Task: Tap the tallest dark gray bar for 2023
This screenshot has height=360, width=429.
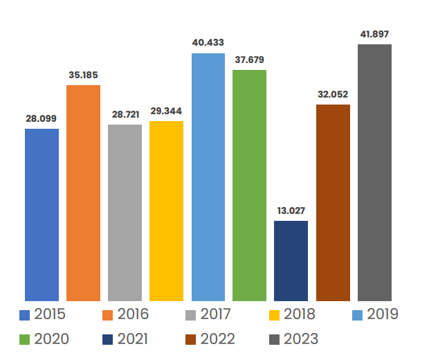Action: click(374, 172)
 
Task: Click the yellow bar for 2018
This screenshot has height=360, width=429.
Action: click(166, 210)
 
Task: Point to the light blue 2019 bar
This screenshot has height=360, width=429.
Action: click(208, 177)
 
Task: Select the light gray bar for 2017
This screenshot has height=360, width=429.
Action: click(125, 213)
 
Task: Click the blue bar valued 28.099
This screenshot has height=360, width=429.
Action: click(42, 215)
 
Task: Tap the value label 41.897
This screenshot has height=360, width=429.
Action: click(374, 33)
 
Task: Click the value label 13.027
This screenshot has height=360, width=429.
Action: click(291, 210)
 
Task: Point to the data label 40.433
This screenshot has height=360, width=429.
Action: click(208, 43)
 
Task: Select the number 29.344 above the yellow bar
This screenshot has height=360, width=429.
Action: click(166, 111)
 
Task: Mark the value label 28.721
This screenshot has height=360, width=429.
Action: click(125, 114)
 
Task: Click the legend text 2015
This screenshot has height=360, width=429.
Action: click(50, 314)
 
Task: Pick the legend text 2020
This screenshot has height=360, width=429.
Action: click(50, 339)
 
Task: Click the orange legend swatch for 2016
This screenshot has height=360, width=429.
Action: click(107, 315)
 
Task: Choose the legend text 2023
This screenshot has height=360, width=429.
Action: click(300, 339)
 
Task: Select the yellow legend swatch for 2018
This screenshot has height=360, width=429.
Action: click(273, 315)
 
